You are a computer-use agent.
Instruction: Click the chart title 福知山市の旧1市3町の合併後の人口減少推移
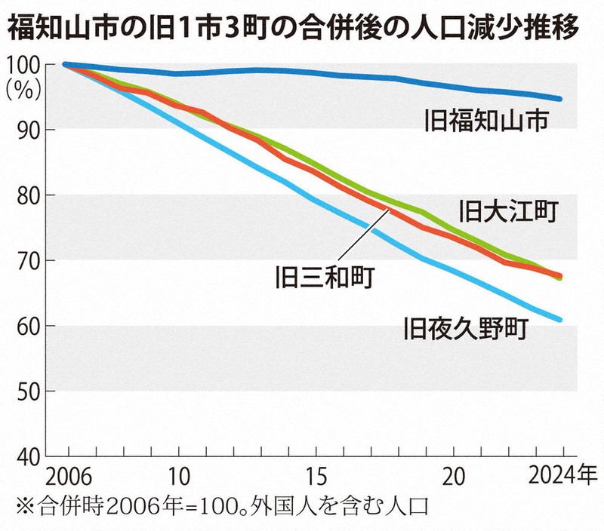click(294, 28)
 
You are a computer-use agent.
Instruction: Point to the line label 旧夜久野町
click(467, 328)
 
